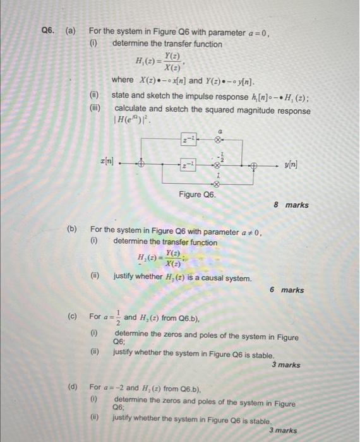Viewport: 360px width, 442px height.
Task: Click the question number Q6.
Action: pos(49,32)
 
